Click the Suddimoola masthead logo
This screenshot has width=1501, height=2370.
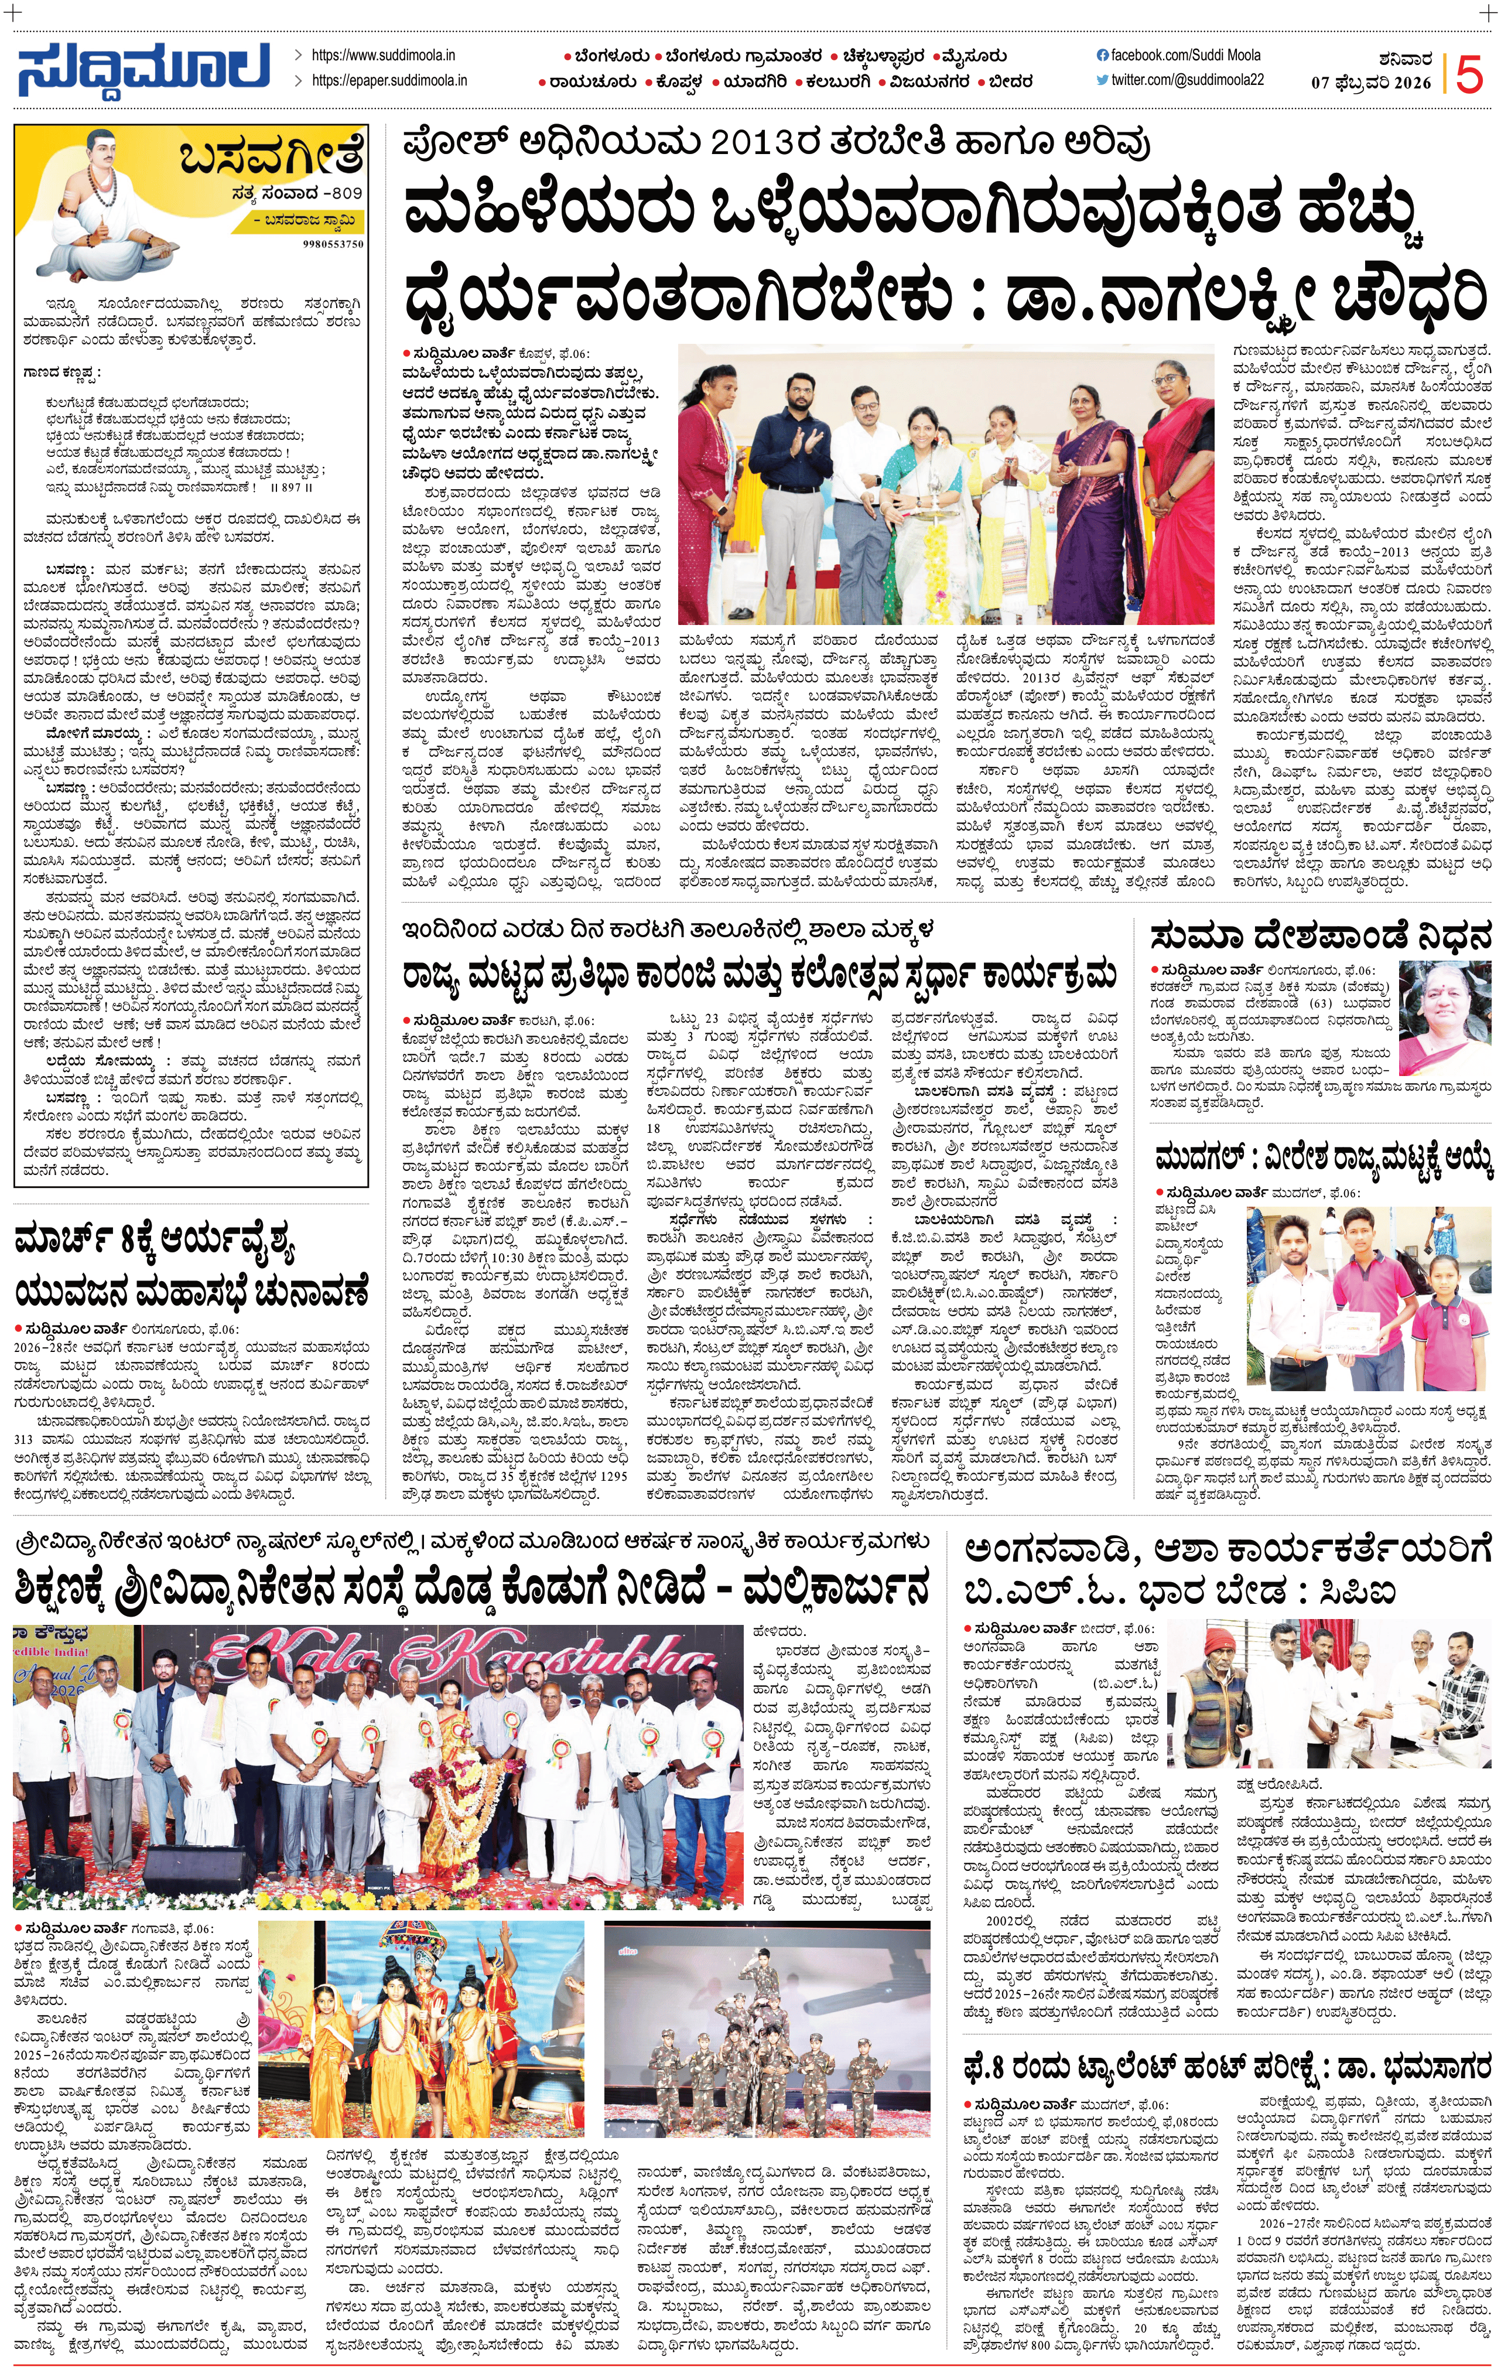coord(143,70)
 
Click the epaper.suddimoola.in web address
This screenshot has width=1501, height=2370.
coord(389,81)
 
